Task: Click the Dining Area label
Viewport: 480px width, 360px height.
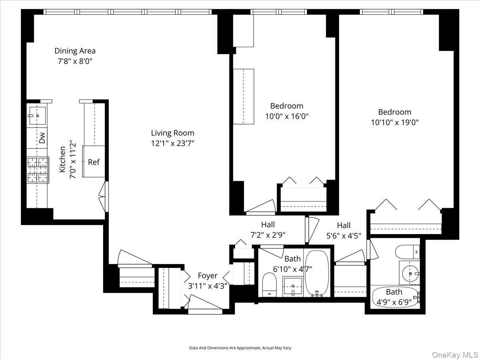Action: pyautogui.click(x=75, y=51)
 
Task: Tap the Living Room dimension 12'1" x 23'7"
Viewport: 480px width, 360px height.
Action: pyautogui.click(x=172, y=143)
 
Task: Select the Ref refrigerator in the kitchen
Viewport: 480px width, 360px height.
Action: pyautogui.click(x=94, y=162)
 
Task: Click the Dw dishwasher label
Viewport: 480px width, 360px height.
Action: pyautogui.click(x=42, y=138)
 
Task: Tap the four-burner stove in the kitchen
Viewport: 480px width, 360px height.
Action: pyautogui.click(x=37, y=170)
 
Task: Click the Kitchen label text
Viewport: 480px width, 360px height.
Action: pyautogui.click(x=63, y=159)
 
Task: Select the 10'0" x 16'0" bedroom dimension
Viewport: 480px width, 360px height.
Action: pyautogui.click(x=287, y=116)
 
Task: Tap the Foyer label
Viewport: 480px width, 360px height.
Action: pyautogui.click(x=208, y=276)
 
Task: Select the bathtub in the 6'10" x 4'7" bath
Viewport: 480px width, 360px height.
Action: pyautogui.click(x=317, y=273)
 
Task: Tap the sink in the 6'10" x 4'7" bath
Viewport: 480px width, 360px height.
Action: pyautogui.click(x=293, y=286)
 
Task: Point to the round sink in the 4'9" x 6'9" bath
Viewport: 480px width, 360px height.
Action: pyautogui.click(x=409, y=274)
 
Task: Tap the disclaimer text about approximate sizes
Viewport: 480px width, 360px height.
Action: pyautogui.click(x=240, y=348)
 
